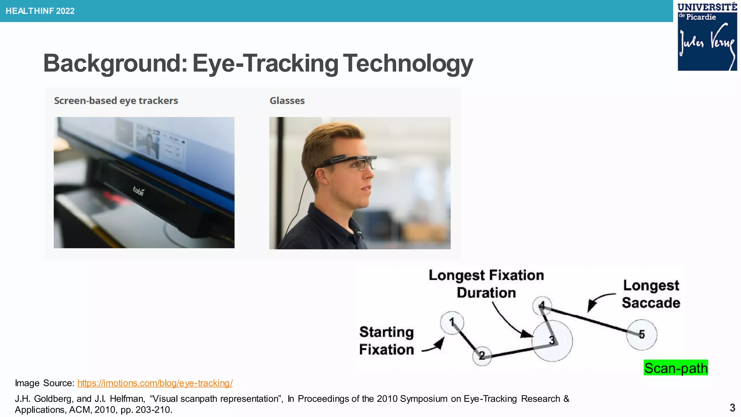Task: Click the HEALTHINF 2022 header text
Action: [40, 11]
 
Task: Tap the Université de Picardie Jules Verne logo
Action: [707, 36]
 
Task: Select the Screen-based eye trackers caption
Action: [116, 101]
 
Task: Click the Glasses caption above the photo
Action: [287, 101]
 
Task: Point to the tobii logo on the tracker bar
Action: [139, 190]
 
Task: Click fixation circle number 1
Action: [452, 322]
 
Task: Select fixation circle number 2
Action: [482, 356]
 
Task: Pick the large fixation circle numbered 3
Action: [552, 341]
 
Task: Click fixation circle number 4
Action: [542, 306]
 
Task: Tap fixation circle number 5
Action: [642, 334]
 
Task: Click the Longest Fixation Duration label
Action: [486, 284]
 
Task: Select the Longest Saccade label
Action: [651, 294]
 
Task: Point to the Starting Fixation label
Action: [386, 341]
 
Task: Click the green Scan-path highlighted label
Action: [676, 368]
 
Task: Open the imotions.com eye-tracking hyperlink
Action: [155, 383]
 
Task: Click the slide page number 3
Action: [732, 408]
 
